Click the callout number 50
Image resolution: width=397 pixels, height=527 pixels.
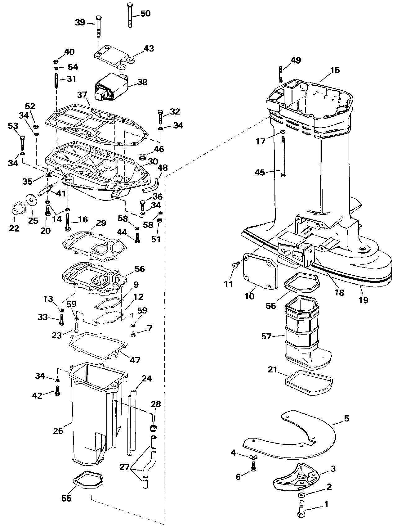click(145, 14)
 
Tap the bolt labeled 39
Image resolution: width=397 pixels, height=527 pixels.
click(98, 26)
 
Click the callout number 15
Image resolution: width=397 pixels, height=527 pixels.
click(335, 70)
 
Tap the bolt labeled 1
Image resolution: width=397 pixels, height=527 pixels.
click(301, 504)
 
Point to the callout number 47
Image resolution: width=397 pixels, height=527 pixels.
click(135, 360)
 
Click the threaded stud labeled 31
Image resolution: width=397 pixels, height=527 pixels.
click(57, 80)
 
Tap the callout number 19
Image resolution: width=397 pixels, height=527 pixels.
click(364, 300)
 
